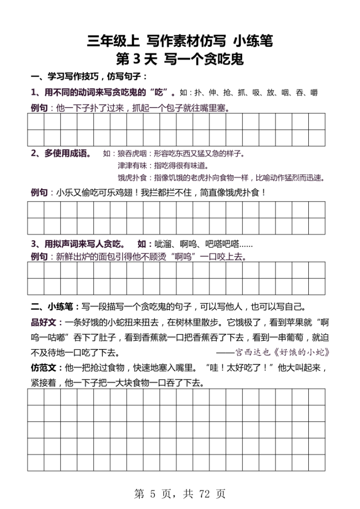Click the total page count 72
point(205,494)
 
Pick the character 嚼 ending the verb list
point(313,92)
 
